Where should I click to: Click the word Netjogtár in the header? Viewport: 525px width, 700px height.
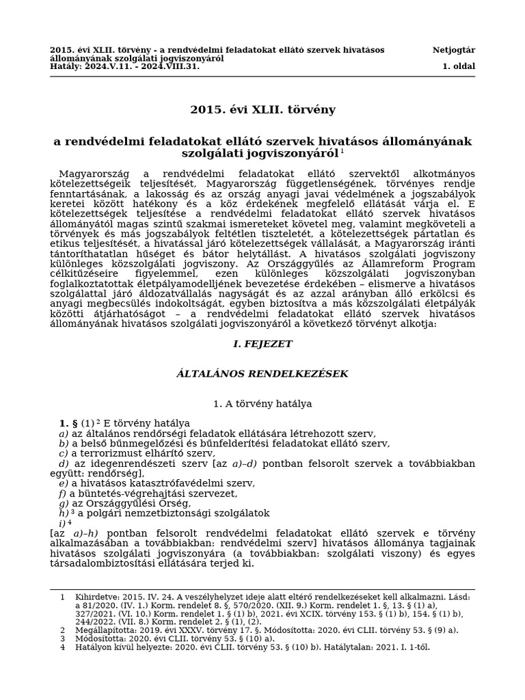pos(454,50)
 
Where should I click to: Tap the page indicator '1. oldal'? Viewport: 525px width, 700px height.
pos(459,66)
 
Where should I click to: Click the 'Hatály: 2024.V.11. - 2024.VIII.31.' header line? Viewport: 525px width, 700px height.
pos(125,66)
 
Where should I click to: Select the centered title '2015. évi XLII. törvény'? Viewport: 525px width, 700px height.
pos(262,109)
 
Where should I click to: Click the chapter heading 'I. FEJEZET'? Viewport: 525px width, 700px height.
pos(262,344)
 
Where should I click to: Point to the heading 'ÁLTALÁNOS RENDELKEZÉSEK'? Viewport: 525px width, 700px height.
pos(262,373)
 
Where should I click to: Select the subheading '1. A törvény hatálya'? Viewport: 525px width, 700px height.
pos(262,404)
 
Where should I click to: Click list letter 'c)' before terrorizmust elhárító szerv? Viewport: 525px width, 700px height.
pos(64,453)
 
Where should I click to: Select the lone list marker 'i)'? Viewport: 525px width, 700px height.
pos(62,523)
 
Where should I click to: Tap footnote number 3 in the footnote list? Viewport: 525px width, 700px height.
pos(62,638)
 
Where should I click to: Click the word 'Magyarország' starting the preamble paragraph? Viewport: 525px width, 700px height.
pos(92,174)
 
